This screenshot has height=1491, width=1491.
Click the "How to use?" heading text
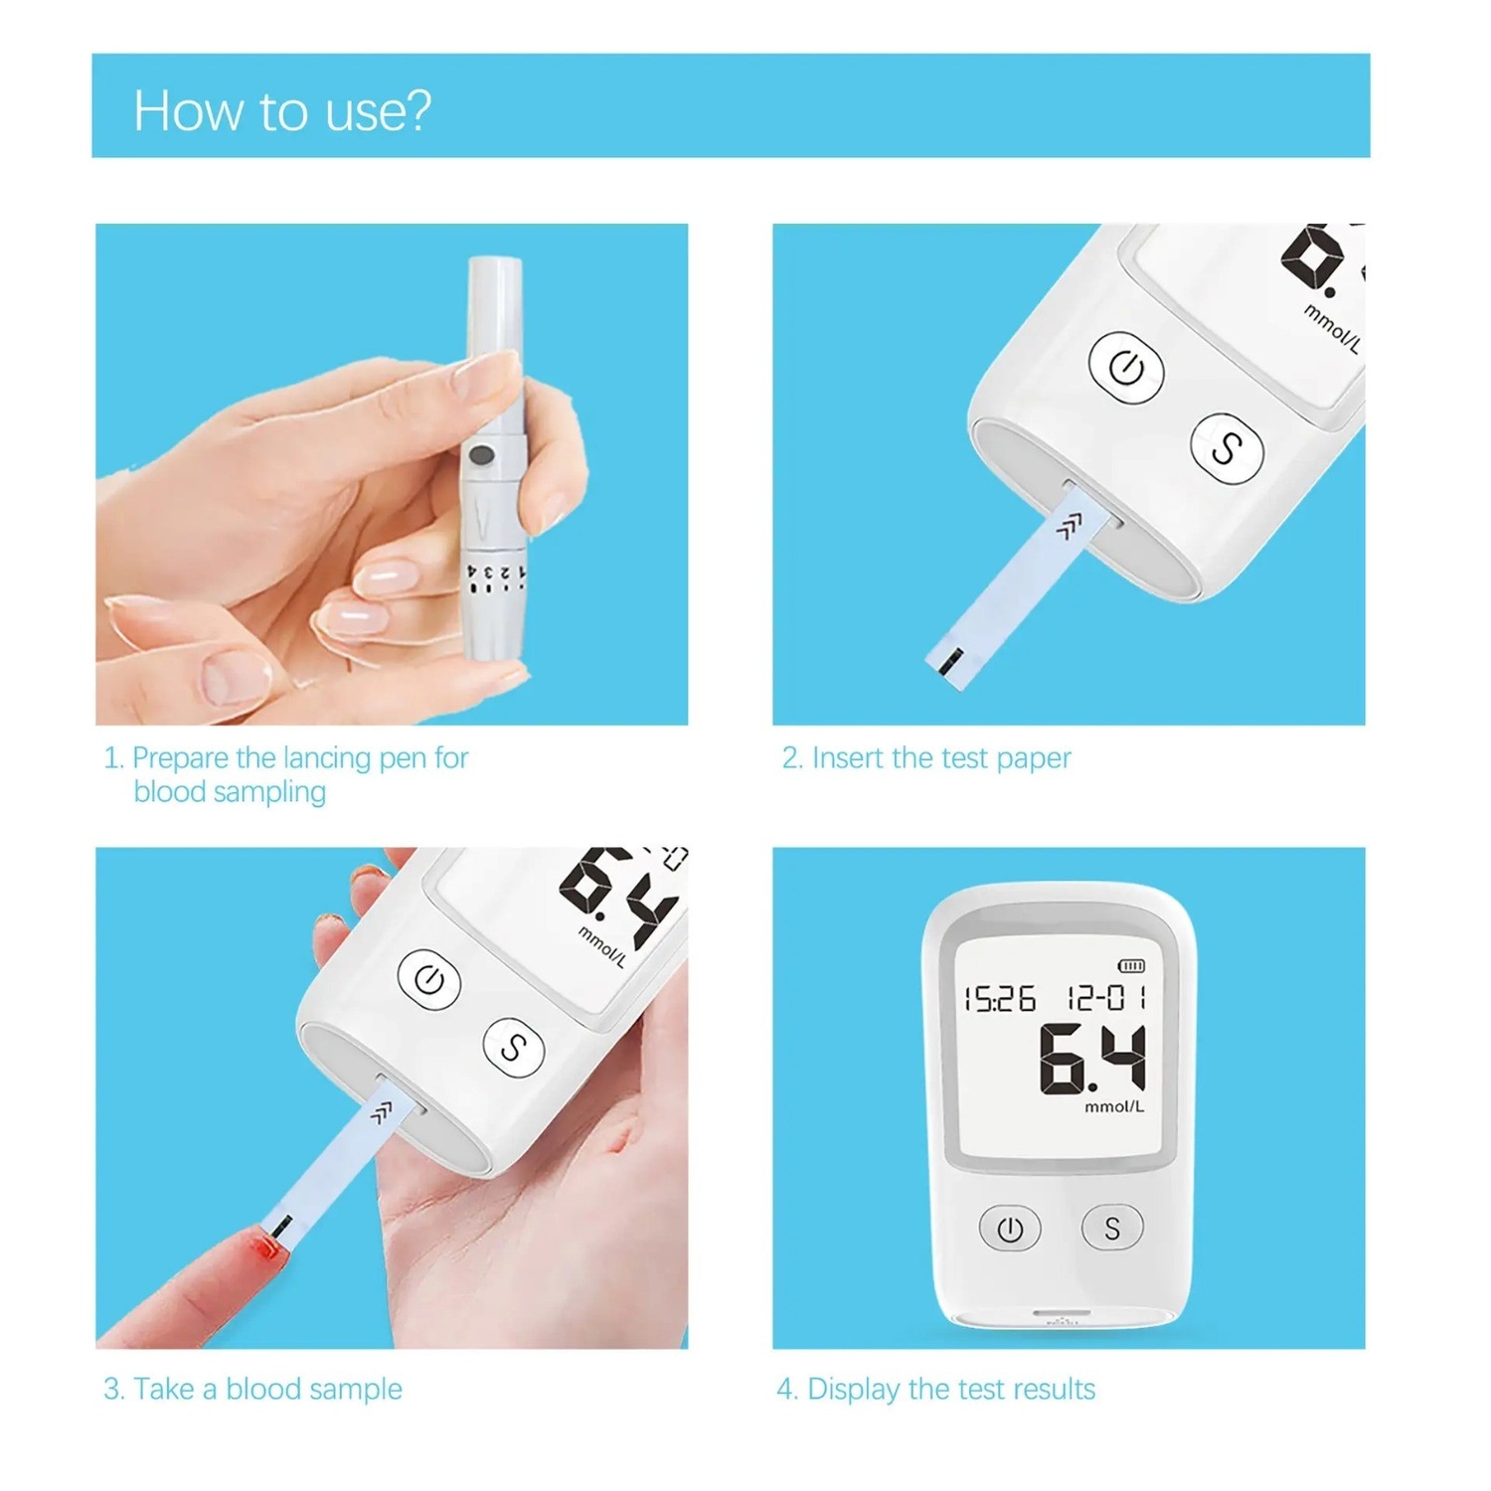tap(282, 110)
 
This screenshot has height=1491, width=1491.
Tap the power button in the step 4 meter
tap(1010, 1230)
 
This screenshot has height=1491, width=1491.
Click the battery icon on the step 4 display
tap(1131, 965)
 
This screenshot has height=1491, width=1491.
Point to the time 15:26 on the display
tap(1000, 998)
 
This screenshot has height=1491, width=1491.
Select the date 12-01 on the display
tap(1106, 997)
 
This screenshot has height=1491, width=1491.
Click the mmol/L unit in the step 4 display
tap(1113, 1106)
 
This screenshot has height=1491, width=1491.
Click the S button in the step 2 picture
tap(1228, 448)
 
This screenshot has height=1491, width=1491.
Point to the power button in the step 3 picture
tap(429, 980)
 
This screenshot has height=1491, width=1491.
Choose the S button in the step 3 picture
tap(514, 1048)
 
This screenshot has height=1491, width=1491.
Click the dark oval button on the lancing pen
tap(481, 456)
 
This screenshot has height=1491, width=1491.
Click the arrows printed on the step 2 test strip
tap(1069, 527)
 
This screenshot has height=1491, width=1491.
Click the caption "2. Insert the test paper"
tap(926, 758)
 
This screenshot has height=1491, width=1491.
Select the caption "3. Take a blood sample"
tap(252, 1389)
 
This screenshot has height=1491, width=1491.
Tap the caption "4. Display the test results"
tap(935, 1389)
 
